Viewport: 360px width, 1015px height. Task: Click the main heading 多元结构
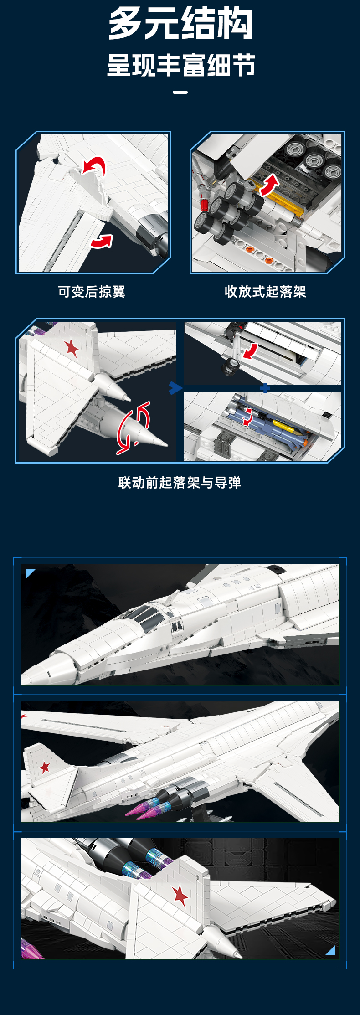click(x=180, y=24)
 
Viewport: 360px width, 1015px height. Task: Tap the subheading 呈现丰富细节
click(x=180, y=65)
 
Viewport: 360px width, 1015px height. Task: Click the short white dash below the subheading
click(x=180, y=92)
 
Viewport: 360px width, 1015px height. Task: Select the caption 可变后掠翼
click(x=92, y=292)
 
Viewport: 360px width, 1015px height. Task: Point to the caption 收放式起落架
click(x=265, y=292)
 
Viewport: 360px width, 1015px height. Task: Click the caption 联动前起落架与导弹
click(x=180, y=483)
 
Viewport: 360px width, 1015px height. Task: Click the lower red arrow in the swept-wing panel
click(x=102, y=242)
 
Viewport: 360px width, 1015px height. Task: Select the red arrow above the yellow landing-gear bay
click(x=269, y=185)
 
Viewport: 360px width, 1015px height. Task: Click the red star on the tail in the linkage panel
click(x=72, y=348)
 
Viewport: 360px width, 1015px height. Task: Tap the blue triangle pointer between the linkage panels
click(x=175, y=388)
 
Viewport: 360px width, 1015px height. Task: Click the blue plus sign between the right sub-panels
click(x=265, y=388)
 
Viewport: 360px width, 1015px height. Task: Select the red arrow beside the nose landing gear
click(x=250, y=351)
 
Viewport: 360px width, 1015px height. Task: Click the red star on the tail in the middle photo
click(x=45, y=767)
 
